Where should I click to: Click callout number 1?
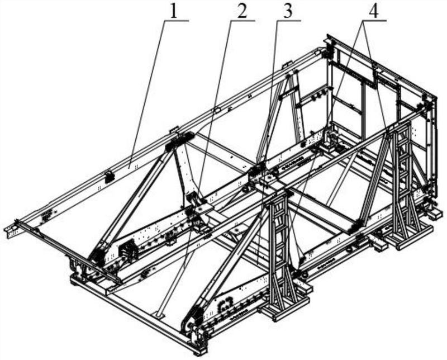click(x=174, y=10)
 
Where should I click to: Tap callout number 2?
click(x=241, y=11)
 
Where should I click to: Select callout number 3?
click(x=288, y=11)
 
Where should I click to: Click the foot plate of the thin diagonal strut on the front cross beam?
click(x=159, y=315)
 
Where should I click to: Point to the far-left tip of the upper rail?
click(x=5, y=228)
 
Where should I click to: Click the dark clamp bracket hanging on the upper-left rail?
click(x=109, y=177)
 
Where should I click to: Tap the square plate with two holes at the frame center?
click(x=267, y=179)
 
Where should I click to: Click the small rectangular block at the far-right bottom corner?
click(x=435, y=213)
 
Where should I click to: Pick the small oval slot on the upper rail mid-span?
click(x=217, y=110)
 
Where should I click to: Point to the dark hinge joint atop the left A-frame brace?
click(x=179, y=140)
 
